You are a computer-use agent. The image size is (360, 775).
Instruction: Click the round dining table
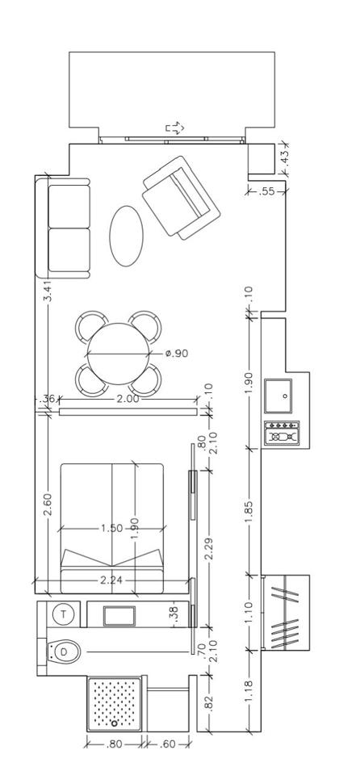click(x=118, y=354)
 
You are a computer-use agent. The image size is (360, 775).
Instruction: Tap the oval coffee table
click(x=126, y=236)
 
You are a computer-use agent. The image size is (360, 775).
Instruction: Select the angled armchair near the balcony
click(x=181, y=198)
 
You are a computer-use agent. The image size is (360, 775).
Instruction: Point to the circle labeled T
click(x=64, y=614)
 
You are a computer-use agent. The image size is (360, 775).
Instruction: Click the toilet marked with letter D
click(x=63, y=652)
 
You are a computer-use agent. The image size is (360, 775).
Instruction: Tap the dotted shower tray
click(x=115, y=704)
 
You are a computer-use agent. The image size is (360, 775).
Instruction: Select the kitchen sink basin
click(x=278, y=396)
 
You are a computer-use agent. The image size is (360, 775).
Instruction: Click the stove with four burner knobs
click(x=282, y=433)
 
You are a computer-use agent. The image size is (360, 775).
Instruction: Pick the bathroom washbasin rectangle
click(x=119, y=615)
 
